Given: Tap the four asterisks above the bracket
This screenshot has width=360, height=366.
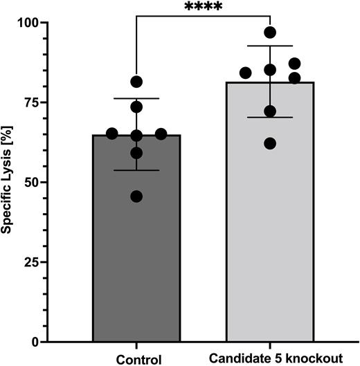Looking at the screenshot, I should (x=203, y=8).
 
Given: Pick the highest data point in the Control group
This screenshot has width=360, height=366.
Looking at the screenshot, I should (x=136, y=82).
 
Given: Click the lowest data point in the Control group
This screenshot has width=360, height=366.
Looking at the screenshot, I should (x=136, y=196).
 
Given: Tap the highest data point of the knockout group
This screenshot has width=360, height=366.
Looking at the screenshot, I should (x=270, y=33).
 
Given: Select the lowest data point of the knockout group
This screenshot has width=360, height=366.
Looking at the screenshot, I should (x=270, y=144).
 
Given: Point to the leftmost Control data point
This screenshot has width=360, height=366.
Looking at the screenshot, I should (x=112, y=134).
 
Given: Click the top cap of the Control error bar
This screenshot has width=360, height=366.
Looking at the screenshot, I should (x=136, y=98).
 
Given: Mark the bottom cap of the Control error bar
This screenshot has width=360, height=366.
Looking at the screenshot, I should (x=136, y=170).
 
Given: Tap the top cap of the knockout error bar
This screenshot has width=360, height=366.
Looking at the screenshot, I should (x=270, y=46).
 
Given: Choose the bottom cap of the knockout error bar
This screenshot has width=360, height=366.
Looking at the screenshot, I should (x=270, y=118).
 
